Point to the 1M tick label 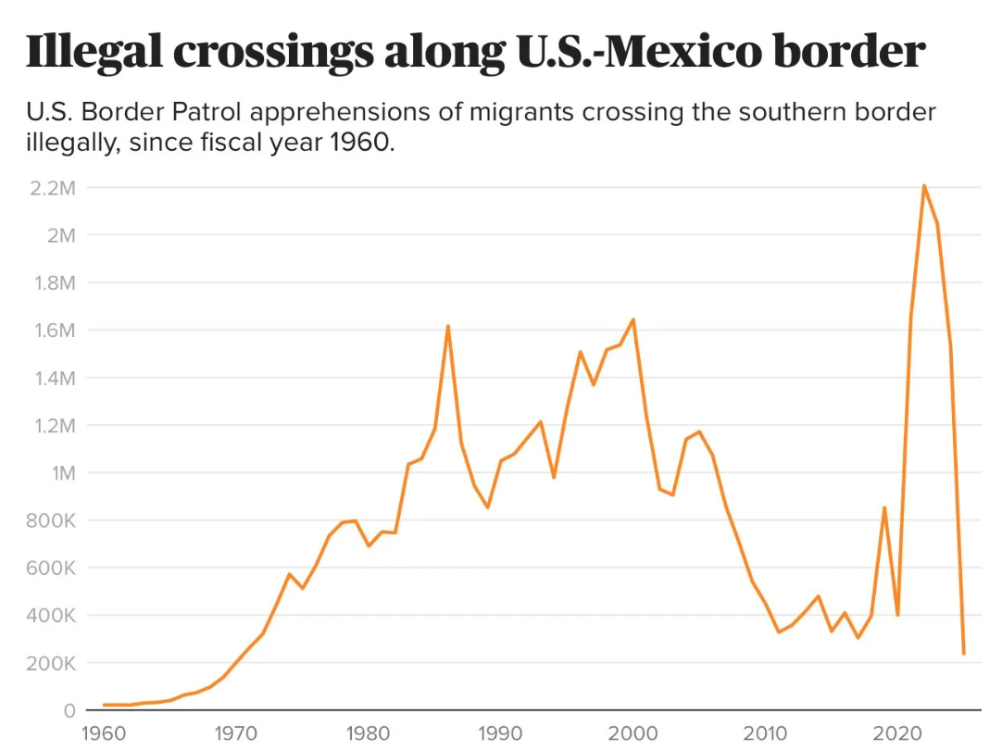[x=60, y=473]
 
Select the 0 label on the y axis [x=69, y=710]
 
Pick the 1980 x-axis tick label [x=369, y=735]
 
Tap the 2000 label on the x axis [x=633, y=735]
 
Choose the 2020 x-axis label [x=897, y=735]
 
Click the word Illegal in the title [x=93, y=52]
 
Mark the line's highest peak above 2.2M [x=923, y=186]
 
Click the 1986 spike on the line [x=448, y=326]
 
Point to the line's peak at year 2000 [x=633, y=319]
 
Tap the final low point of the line [x=963, y=654]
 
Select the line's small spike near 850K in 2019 [x=884, y=507]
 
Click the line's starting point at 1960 [x=105, y=705]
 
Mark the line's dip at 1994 [x=554, y=478]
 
